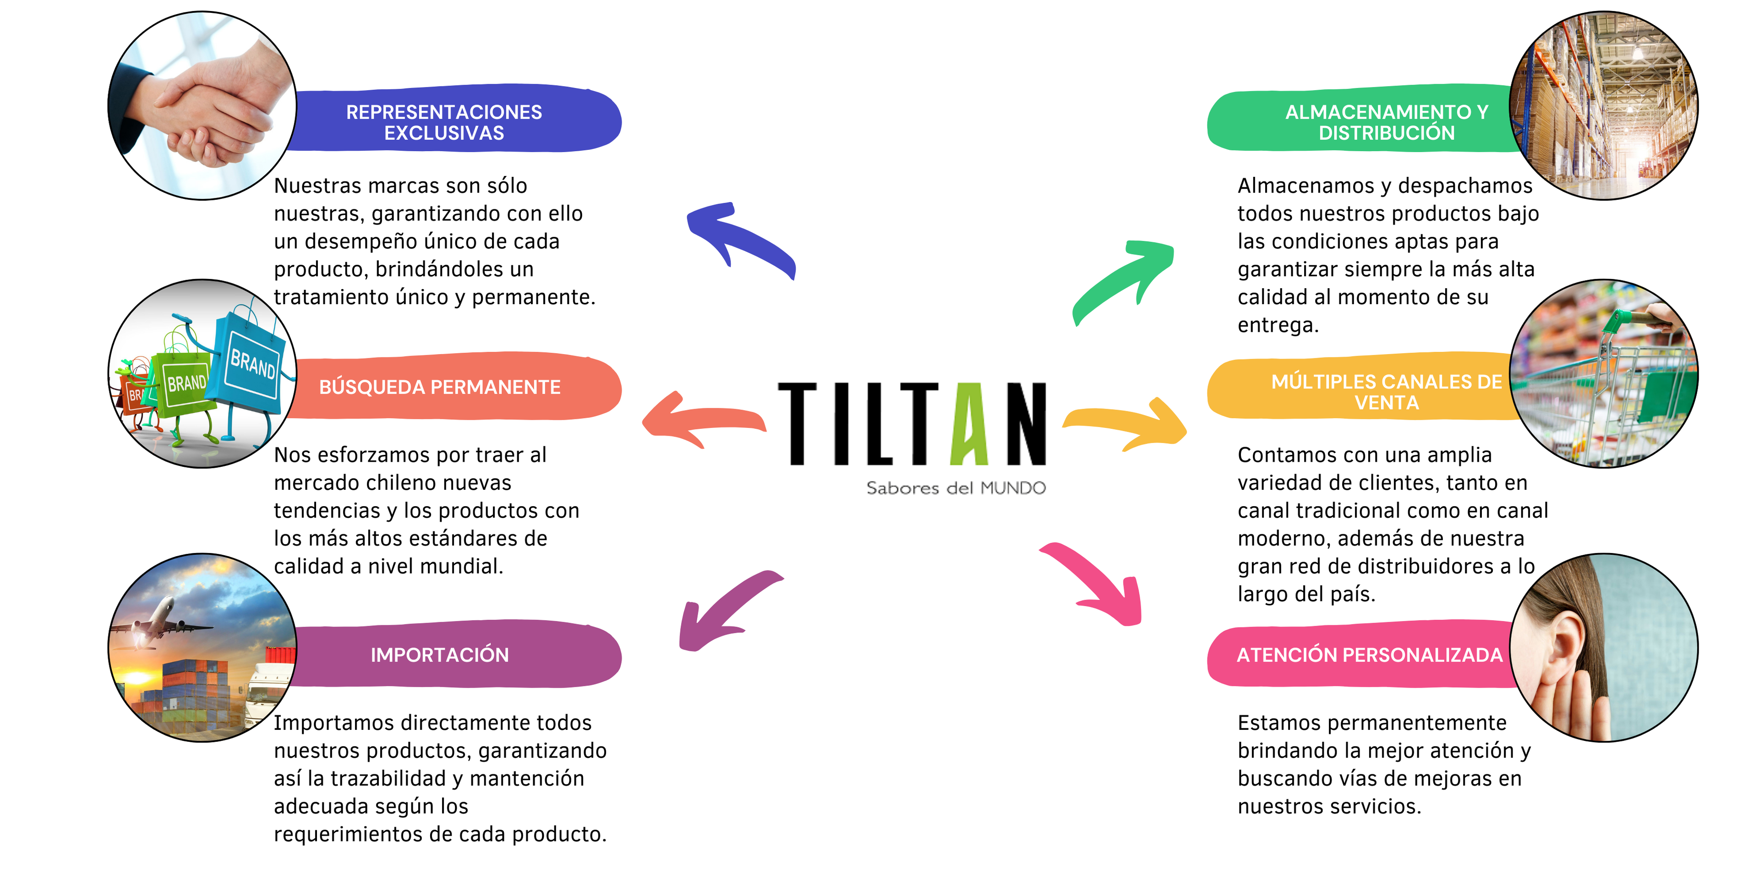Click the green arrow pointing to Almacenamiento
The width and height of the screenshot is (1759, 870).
tap(1123, 280)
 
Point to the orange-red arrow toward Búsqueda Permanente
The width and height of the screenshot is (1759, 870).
tap(700, 418)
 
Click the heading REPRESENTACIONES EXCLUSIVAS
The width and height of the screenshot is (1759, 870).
tap(444, 122)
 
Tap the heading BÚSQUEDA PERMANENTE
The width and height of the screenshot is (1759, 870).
tap(440, 387)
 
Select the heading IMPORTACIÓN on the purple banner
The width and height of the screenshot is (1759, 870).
tap(440, 655)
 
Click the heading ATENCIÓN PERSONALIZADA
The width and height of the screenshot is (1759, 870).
tap(1369, 655)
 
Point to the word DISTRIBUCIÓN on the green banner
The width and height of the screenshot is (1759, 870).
tap(1386, 133)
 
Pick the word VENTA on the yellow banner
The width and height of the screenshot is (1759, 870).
tap(1386, 403)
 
